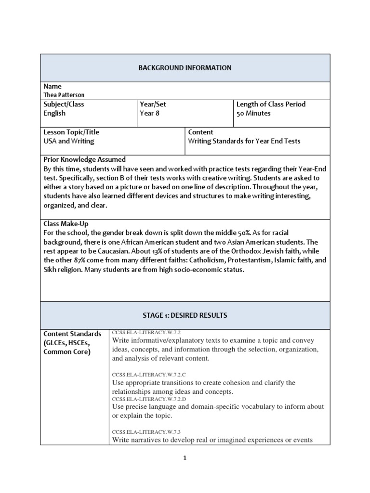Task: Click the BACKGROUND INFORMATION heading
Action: pos(185,68)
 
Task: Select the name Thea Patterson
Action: pos(64,95)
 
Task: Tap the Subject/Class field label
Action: pos(64,104)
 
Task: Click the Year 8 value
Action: pos(150,113)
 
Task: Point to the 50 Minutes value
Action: pos(253,113)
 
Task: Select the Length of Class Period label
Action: pos(271,104)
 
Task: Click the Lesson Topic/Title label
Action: pos(71,132)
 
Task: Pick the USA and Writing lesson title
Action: pos(69,141)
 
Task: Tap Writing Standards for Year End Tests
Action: pos(244,141)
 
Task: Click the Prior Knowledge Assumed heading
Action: pos(84,159)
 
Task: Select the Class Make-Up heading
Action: pos(66,224)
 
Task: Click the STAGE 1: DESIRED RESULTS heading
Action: pos(185,315)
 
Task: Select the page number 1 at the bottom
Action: pos(185,458)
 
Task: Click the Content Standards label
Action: pos(72,334)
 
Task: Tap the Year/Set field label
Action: pos(153,104)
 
